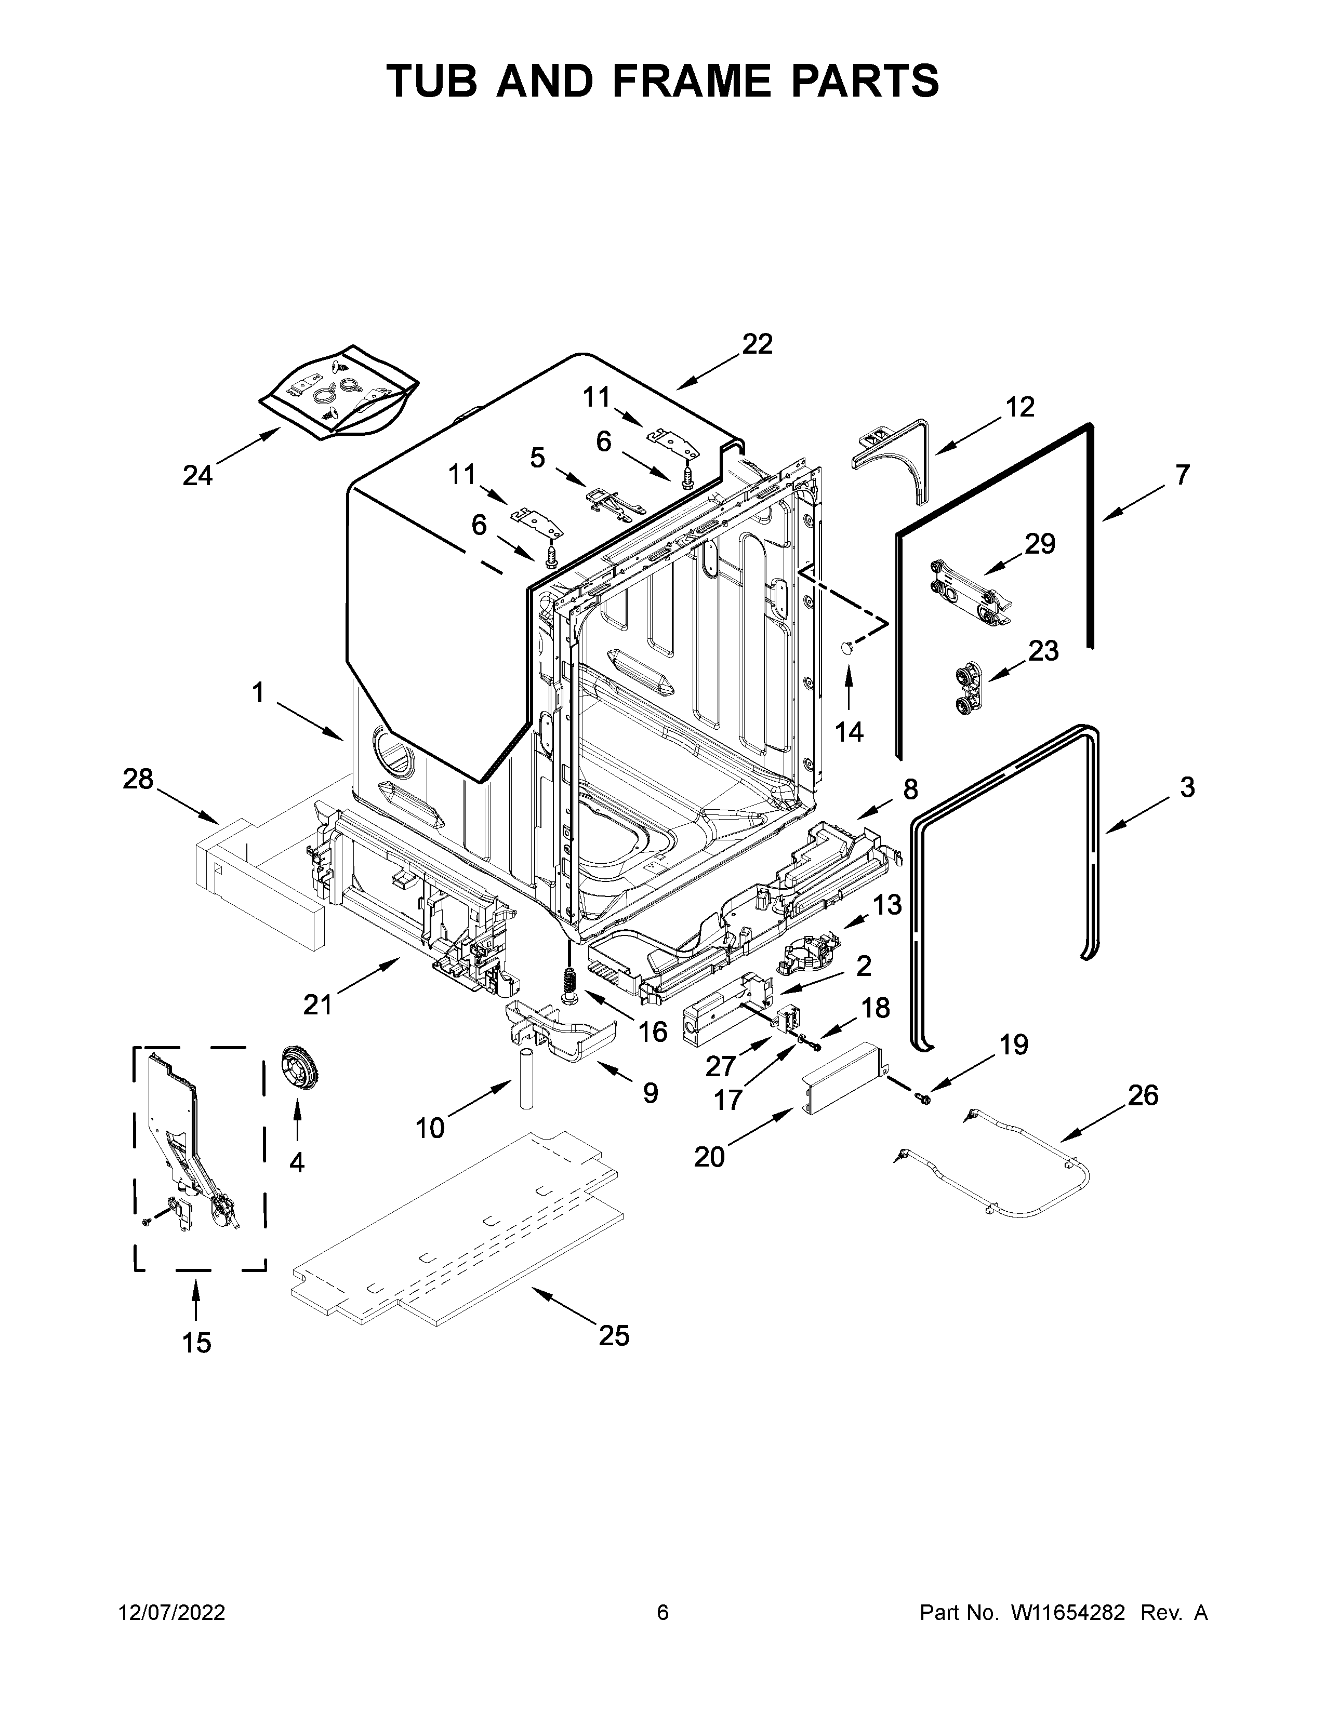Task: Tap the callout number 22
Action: [758, 344]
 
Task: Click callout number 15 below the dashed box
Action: [197, 1343]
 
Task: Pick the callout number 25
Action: [614, 1334]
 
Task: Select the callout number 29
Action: [1040, 543]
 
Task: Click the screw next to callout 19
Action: [924, 1100]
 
